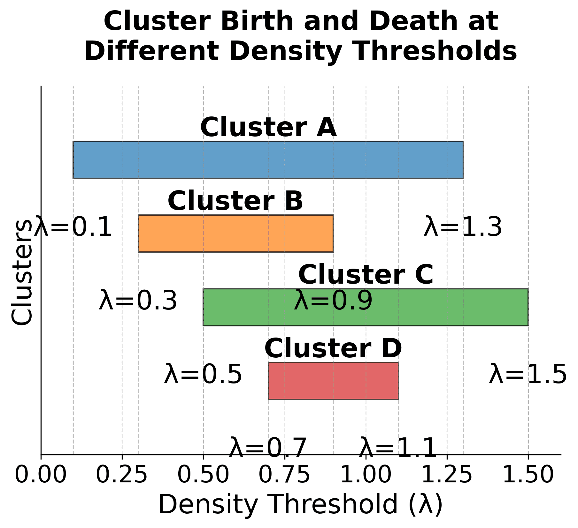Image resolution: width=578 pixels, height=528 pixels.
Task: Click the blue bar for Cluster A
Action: [x=268, y=160]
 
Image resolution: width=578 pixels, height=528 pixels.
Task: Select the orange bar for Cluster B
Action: [x=235, y=234]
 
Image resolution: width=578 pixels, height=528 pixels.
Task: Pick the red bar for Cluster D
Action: [x=333, y=381]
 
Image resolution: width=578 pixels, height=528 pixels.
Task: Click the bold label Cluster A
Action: [x=268, y=128]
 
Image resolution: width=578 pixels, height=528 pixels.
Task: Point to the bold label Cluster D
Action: [x=333, y=349]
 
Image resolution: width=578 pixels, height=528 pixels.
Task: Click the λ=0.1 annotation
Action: [x=73, y=227]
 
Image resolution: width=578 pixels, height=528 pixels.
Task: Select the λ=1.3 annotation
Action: [x=463, y=227]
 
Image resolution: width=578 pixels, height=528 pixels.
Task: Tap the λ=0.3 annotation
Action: [x=138, y=301]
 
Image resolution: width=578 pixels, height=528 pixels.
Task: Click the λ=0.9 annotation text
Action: [x=333, y=301]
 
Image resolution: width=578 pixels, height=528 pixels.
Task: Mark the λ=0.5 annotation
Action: [x=203, y=375]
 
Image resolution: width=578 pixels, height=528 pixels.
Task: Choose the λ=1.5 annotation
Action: [x=528, y=375]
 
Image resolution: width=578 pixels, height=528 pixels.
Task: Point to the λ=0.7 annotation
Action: [x=268, y=448]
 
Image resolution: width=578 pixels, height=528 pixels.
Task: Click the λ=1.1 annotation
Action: [x=398, y=448]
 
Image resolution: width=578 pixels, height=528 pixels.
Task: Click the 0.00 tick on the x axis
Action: [x=41, y=475]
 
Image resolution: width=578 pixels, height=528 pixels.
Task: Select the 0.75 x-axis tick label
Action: [x=284, y=475]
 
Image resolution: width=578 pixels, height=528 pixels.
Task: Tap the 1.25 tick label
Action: [x=447, y=475]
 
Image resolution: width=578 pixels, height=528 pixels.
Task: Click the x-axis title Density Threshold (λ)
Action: [x=300, y=504]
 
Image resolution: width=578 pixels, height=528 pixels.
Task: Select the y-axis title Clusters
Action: [x=22, y=272]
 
